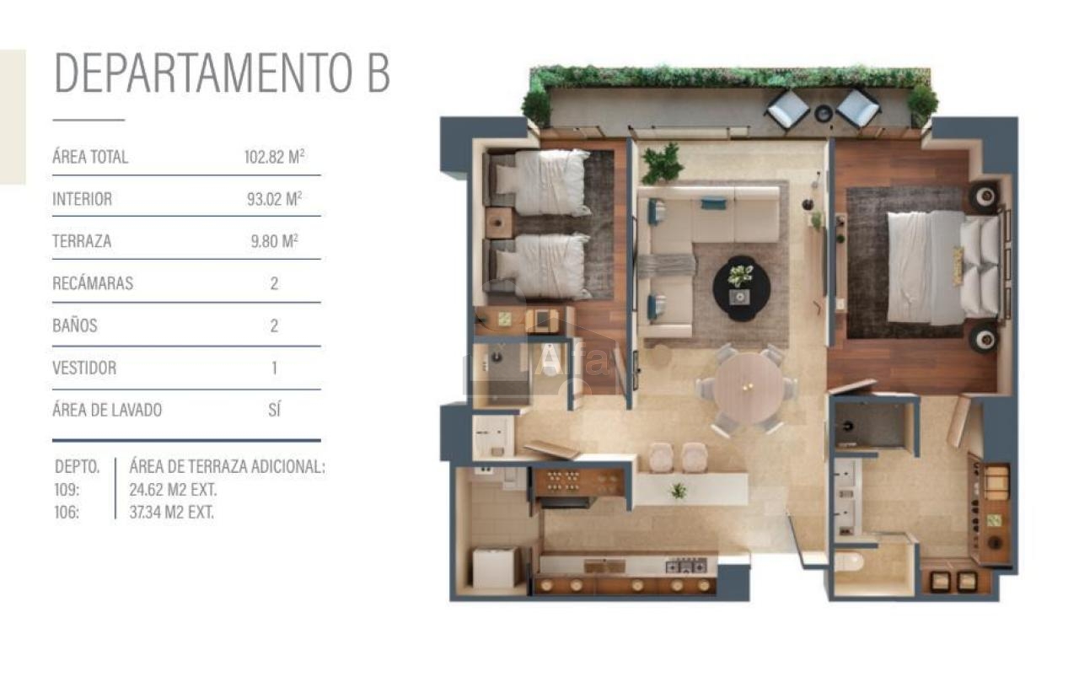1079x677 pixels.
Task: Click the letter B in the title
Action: coord(379,73)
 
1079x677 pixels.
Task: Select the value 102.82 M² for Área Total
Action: coord(274,157)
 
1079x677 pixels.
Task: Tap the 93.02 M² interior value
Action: coord(274,198)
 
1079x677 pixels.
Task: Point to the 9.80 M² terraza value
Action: coord(274,240)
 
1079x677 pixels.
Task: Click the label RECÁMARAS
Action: coord(93,283)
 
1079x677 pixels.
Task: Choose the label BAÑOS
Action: coord(75,325)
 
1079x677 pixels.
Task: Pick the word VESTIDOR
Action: coord(84,368)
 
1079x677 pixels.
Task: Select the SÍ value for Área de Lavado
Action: coord(274,410)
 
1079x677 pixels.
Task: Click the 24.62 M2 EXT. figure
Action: coord(173,490)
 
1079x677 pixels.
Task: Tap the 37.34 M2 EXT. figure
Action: coord(171,513)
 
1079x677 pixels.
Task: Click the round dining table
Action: coord(748,388)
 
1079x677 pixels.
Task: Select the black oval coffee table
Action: coord(741,288)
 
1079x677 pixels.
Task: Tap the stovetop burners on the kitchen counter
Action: coord(686,566)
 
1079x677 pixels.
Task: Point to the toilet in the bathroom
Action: coord(849,561)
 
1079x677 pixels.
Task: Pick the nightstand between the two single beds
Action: coord(498,223)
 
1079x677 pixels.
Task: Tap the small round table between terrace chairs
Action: coord(824,114)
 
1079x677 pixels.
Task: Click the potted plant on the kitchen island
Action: coord(679,491)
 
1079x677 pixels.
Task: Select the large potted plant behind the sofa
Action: coord(662,163)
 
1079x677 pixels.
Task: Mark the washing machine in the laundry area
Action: coord(494,567)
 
